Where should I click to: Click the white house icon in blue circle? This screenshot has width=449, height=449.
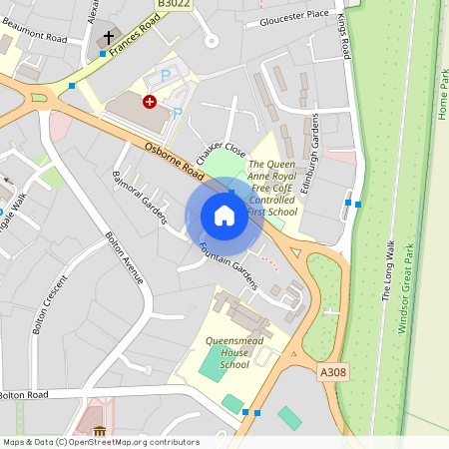224,216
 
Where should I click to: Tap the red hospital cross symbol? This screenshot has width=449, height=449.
150,102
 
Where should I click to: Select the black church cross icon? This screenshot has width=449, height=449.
109,39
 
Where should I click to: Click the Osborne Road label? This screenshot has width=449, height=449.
175,161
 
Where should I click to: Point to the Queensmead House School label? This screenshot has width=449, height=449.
221,351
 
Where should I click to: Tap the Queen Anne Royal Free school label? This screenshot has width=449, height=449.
271,188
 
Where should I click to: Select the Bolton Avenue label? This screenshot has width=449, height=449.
125,256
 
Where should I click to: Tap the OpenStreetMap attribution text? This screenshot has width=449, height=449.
101,441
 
